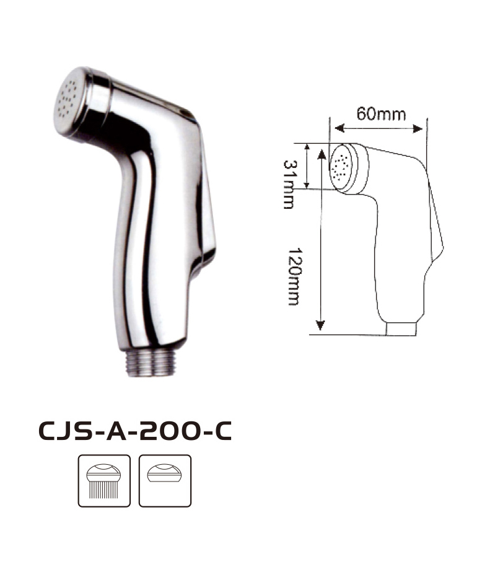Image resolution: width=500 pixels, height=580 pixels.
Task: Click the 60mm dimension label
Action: coord(381,113)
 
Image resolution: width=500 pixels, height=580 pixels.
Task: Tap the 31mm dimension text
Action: coord(289,184)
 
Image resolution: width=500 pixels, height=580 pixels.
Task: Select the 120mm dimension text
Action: coord(294,276)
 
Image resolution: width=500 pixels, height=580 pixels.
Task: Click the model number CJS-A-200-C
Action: coord(135,431)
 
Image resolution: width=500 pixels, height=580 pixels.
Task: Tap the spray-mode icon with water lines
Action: coord(104,480)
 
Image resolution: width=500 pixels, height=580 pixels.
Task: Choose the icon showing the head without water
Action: coord(165,480)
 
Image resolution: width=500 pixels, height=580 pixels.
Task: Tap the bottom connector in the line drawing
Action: coord(401,329)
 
